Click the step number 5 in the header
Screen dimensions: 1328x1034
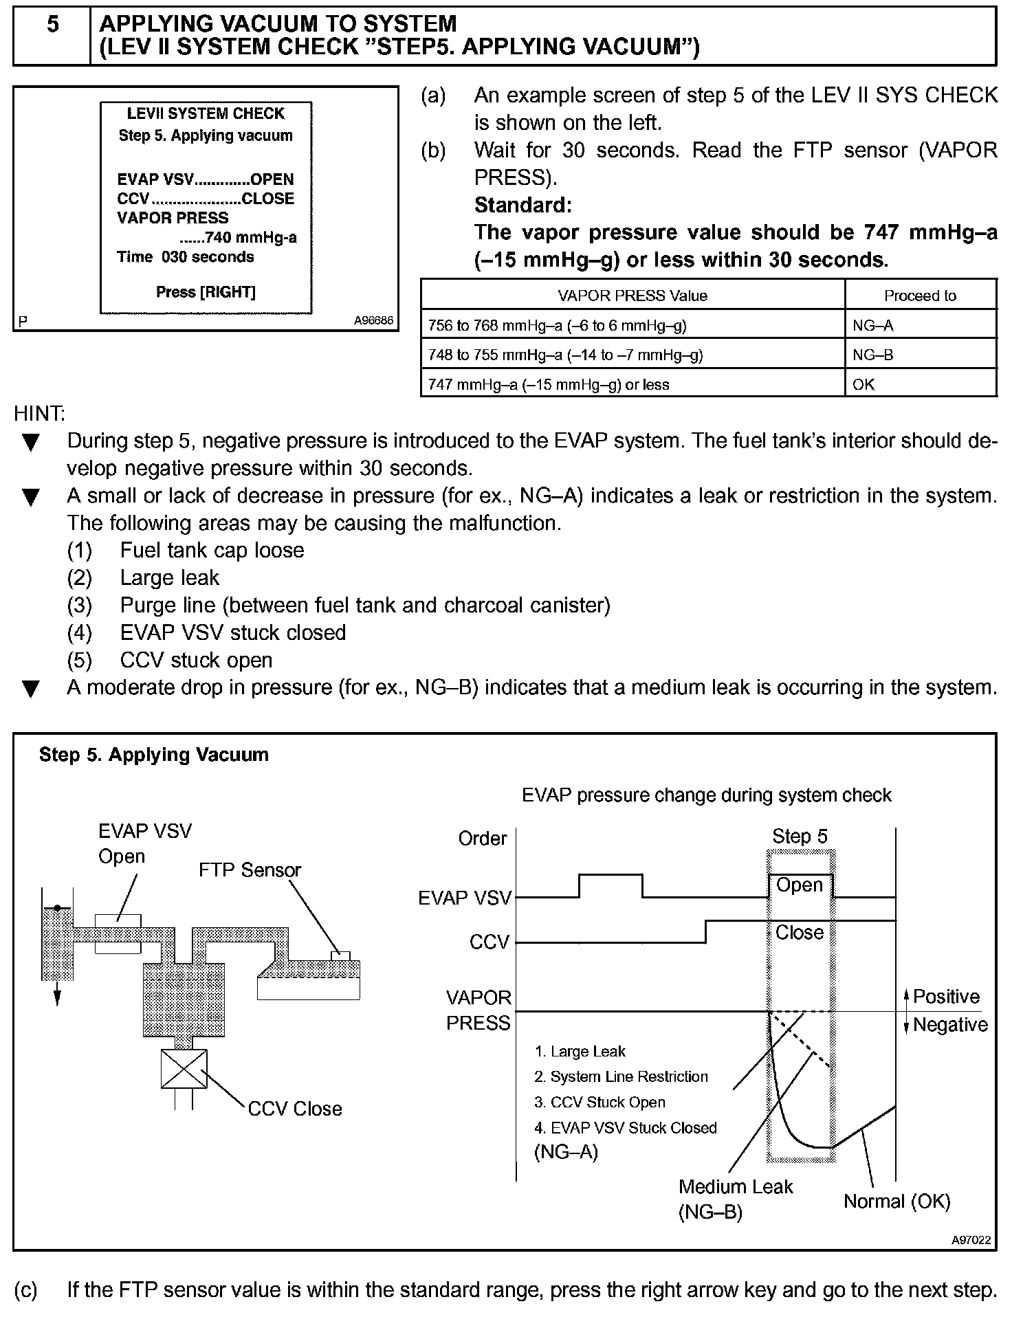[x=52, y=25]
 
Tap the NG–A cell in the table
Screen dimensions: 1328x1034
[x=873, y=326]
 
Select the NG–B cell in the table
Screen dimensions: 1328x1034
[x=873, y=355]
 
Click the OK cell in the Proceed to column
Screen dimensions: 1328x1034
[x=863, y=385]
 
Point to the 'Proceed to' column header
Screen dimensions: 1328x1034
[x=920, y=296]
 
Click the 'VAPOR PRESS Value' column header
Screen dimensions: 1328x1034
[x=632, y=296]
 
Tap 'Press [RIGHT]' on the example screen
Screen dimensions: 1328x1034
[x=206, y=292]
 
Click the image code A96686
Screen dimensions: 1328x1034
[x=373, y=321]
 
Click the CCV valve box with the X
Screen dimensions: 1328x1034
[x=184, y=1069]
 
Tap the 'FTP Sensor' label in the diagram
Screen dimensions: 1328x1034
[x=250, y=870]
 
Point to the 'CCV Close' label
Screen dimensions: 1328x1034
[x=294, y=1109]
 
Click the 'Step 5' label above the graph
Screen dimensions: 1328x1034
[x=800, y=837]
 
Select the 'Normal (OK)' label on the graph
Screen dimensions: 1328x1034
[x=896, y=1202]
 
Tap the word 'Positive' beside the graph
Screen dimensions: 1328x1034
[x=946, y=997]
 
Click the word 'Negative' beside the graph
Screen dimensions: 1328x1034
[x=950, y=1025]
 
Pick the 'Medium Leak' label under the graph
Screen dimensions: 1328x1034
[x=736, y=1187]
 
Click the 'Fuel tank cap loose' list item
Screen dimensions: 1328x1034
[x=212, y=551]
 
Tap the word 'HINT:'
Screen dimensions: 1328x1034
[x=39, y=413]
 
